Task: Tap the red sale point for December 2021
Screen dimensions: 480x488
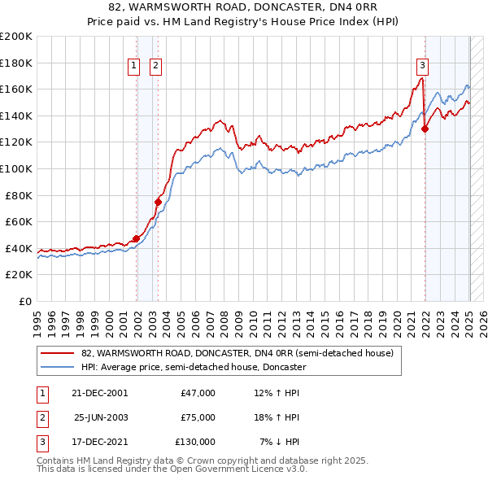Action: (x=425, y=129)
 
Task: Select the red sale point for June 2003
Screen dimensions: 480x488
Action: (x=159, y=202)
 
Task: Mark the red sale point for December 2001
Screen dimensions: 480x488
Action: (x=136, y=238)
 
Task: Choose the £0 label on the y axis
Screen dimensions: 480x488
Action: (x=24, y=301)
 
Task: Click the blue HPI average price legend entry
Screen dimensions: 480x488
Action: (x=193, y=367)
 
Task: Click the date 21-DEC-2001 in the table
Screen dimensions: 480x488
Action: (x=100, y=393)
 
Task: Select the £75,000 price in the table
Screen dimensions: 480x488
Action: (x=198, y=417)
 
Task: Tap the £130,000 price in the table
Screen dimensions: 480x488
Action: (x=195, y=442)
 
